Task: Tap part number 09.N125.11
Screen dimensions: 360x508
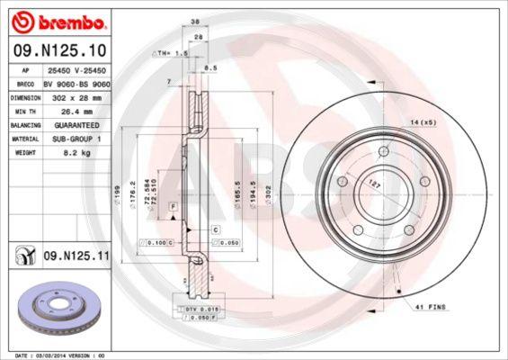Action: (76, 256)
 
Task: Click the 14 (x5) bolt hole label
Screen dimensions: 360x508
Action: (423, 121)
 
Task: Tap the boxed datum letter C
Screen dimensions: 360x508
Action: (217, 230)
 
